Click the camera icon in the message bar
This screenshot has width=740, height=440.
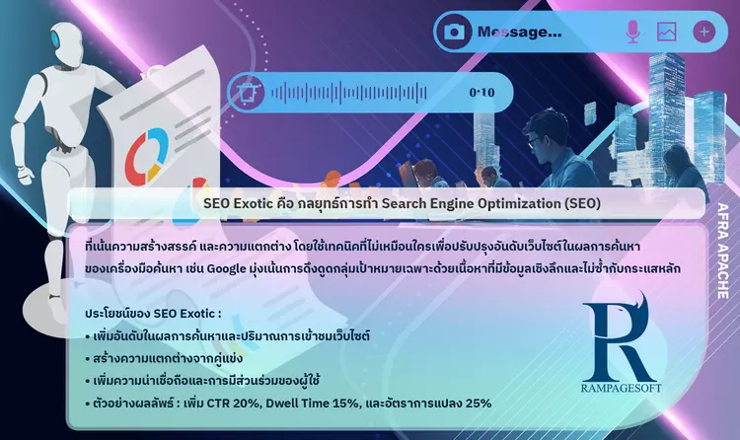[x=454, y=32]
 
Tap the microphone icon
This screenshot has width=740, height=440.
[x=632, y=32]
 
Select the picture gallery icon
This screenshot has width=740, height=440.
[x=666, y=32]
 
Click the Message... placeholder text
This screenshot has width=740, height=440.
[x=520, y=33]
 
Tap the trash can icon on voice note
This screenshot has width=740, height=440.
[x=247, y=92]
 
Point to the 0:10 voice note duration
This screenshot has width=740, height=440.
[x=481, y=93]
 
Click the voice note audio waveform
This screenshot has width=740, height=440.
[x=348, y=93]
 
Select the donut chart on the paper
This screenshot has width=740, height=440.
[x=146, y=155]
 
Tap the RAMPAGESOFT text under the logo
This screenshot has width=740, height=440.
[x=621, y=388]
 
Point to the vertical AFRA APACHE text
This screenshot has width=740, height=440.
[x=723, y=251]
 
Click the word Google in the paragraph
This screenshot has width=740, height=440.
[x=227, y=269]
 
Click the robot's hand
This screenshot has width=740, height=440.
[x=25, y=176]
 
